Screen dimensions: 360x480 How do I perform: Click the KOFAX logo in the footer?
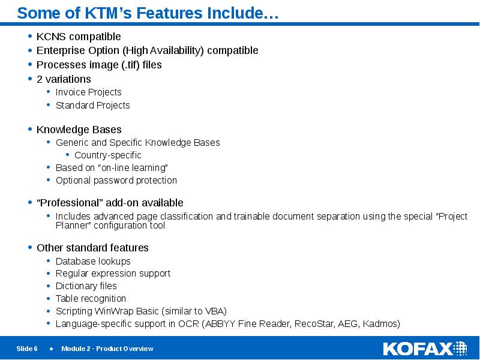click(425, 349)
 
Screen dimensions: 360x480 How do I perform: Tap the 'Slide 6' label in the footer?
click(27, 349)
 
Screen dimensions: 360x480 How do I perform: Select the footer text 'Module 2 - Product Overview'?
click(107, 349)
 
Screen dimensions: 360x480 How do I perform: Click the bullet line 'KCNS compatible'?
click(79, 37)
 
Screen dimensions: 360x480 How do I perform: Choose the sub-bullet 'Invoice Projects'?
click(88, 92)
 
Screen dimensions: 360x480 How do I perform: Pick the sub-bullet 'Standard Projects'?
click(92, 105)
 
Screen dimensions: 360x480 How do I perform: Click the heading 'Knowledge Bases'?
click(79, 130)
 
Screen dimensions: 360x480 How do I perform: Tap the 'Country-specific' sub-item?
click(107, 155)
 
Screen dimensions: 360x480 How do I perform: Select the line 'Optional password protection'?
click(116, 180)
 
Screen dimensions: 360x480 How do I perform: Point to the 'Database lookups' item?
click(92, 261)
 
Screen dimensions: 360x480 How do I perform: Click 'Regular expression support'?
click(113, 274)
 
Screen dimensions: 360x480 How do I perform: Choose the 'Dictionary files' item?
click(86, 286)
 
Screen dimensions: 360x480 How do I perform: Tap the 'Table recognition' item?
click(91, 299)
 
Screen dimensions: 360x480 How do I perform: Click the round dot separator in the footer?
click(51, 349)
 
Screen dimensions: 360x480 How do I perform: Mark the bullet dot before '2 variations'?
click(30, 79)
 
